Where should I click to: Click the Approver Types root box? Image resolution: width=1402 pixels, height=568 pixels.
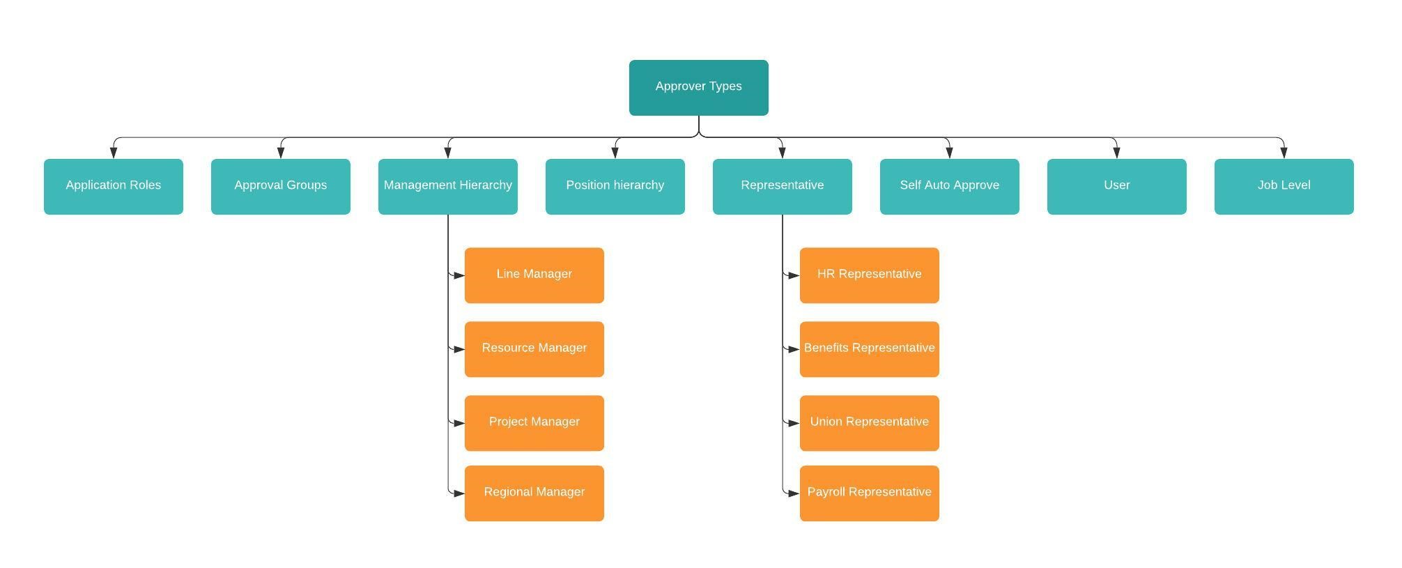click(x=698, y=88)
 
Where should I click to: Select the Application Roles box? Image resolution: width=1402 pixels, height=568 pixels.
click(x=114, y=186)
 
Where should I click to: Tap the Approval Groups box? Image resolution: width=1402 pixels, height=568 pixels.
click(x=281, y=186)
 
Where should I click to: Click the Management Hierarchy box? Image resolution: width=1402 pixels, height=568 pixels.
click(x=448, y=186)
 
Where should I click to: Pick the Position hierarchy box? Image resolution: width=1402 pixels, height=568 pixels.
click(x=615, y=186)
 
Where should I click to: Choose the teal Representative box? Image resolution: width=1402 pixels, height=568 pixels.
click(x=783, y=186)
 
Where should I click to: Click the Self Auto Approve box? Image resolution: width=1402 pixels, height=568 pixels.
click(x=950, y=186)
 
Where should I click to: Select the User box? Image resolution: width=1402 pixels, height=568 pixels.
click(x=1117, y=186)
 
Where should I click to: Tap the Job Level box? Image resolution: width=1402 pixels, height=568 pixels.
click(x=1284, y=186)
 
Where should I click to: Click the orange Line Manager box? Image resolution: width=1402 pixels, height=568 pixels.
click(x=534, y=275)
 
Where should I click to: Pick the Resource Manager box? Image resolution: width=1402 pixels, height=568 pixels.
click(x=534, y=349)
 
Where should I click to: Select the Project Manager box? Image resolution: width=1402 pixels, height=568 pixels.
click(x=534, y=423)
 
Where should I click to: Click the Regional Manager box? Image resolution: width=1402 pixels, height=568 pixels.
click(x=534, y=493)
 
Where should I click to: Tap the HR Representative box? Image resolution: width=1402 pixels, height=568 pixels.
click(x=870, y=275)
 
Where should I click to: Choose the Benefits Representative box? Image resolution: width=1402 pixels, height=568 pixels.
click(x=870, y=349)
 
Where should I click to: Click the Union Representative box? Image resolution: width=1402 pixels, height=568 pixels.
click(x=870, y=423)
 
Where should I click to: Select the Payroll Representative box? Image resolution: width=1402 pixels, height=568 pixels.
click(x=870, y=493)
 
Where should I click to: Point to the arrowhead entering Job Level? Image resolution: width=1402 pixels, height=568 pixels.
click(x=1284, y=153)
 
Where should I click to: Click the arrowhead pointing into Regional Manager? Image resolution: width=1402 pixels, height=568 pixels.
click(x=459, y=493)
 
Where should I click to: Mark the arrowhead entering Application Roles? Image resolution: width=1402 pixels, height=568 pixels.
click(x=114, y=153)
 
